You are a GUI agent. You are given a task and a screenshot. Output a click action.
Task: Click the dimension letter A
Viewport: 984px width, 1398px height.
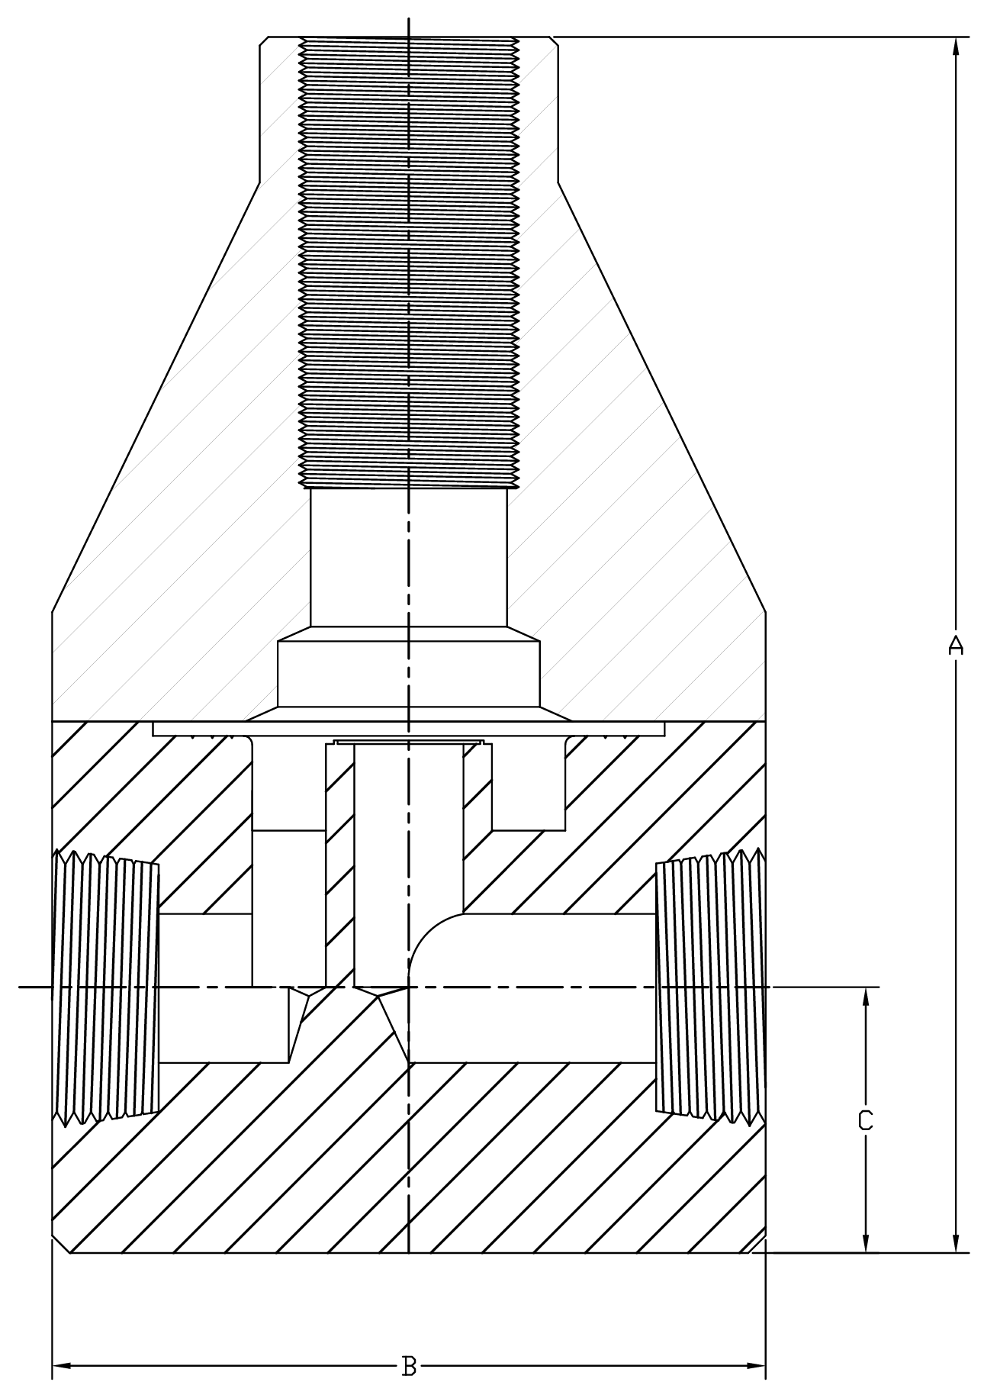[955, 646]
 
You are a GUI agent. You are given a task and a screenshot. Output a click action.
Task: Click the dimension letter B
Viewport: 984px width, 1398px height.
[409, 1365]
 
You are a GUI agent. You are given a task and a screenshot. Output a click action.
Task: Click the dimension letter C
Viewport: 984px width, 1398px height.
[865, 1120]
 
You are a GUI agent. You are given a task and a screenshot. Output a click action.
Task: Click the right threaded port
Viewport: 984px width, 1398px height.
[709, 987]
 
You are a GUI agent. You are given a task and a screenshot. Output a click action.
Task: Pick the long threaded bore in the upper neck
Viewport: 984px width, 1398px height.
[409, 259]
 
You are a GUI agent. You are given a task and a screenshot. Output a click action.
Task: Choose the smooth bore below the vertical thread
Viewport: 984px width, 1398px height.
[409, 557]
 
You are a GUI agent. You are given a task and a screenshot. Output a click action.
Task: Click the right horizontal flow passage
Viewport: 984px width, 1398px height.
[534, 987]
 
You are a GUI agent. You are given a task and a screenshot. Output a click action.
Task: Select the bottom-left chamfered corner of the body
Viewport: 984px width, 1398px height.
[61, 1244]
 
